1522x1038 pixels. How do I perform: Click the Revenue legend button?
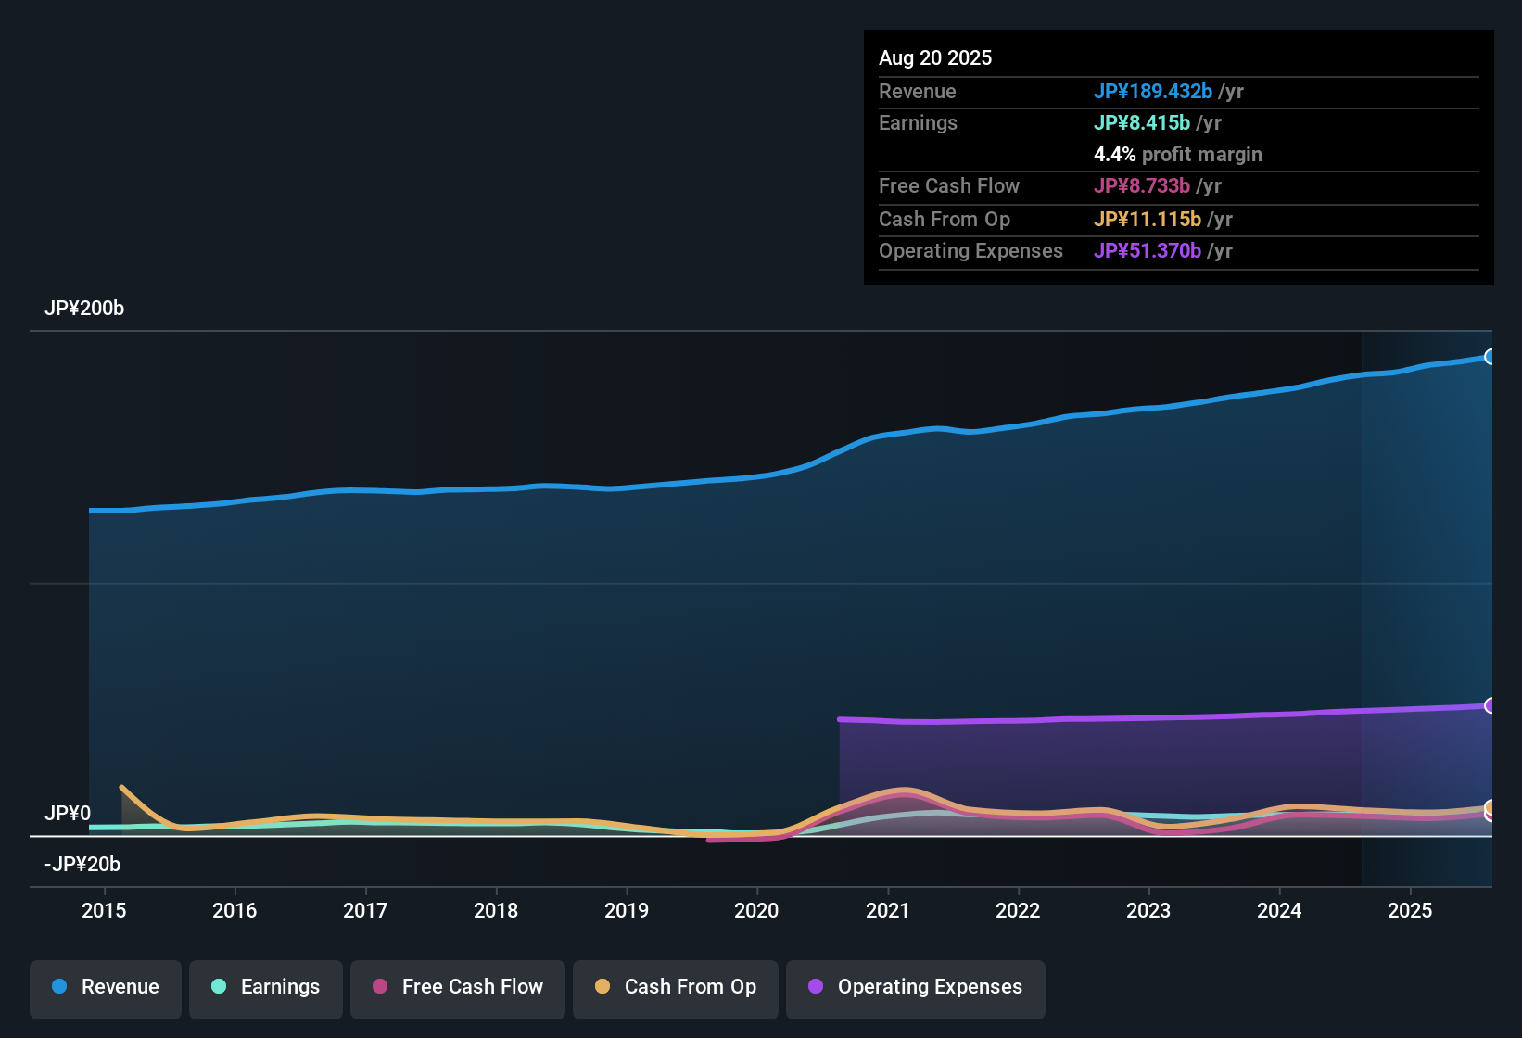106,987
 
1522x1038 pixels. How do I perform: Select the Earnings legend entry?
266,987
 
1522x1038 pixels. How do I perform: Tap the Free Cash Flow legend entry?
458,987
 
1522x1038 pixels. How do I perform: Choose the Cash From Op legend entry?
676,987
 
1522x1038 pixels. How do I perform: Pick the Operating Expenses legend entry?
916,987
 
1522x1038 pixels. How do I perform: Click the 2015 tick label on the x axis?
104,910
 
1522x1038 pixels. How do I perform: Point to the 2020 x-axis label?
756,910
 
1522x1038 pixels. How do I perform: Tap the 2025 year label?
1409,910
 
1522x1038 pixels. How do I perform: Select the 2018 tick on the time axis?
496,910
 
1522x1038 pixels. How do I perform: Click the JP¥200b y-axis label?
84,309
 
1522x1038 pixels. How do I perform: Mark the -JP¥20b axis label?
82,865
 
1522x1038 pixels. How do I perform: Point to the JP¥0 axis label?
68,814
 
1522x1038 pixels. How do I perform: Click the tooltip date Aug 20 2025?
935,58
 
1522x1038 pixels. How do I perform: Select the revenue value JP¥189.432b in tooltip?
1152,92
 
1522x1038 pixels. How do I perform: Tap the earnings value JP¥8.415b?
1141,123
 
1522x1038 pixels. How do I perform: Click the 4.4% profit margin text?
1177,155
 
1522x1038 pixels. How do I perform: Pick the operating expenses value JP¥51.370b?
1147,251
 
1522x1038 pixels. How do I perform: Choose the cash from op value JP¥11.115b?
1147,220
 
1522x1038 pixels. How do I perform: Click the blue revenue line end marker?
1490,357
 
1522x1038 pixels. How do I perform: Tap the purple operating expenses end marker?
1490,706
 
